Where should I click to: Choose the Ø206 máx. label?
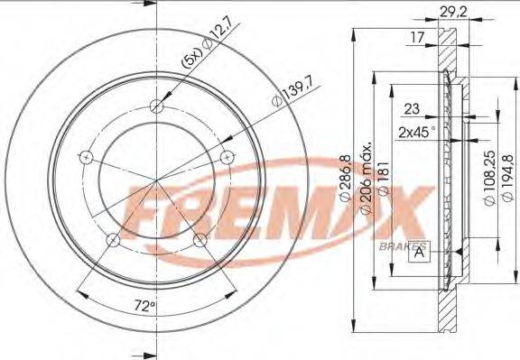tap(367, 177)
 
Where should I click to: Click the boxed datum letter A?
tap(420, 252)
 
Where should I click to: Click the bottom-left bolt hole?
tap(113, 240)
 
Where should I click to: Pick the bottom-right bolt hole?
tap(200, 240)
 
